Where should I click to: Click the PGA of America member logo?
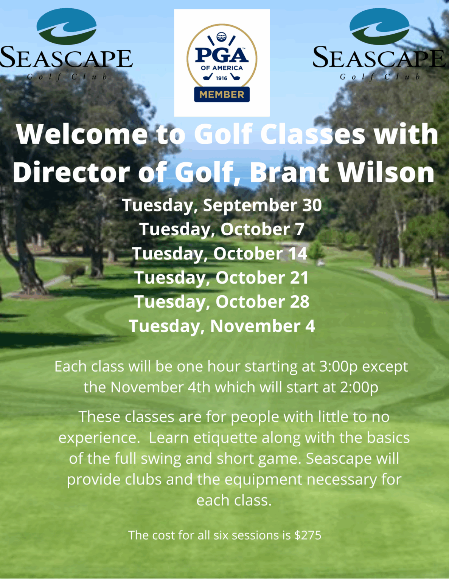point(222,63)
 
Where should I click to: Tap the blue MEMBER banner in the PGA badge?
point(222,94)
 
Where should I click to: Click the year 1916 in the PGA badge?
point(222,78)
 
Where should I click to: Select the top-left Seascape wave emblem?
point(67,26)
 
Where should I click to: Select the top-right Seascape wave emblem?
point(379,26)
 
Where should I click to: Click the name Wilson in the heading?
point(386,173)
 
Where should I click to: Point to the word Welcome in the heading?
point(82,134)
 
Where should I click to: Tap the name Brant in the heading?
point(289,173)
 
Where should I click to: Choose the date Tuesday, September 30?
point(222,205)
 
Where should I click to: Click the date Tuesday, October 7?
point(222,230)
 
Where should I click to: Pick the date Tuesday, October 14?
point(219,254)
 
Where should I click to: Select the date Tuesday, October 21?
point(222,278)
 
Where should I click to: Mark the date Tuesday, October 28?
point(222,302)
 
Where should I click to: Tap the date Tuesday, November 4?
point(222,326)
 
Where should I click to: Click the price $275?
point(308,535)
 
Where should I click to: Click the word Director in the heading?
point(71,173)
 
